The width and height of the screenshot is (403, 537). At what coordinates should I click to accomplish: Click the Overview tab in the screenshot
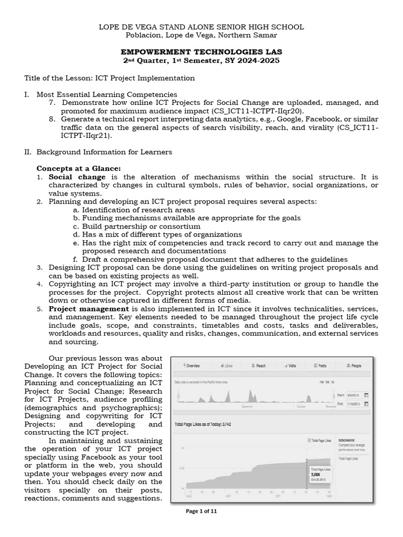tap(192, 366)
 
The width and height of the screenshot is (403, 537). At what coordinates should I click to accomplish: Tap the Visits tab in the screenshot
tap(291, 366)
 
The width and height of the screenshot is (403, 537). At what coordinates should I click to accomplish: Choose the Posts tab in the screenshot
tap(321, 366)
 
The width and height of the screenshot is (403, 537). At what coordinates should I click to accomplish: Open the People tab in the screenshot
tap(354, 366)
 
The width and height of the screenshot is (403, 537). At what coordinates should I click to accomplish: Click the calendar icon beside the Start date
tap(366, 394)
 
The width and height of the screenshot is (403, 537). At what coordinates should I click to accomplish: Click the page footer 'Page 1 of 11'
tap(201, 513)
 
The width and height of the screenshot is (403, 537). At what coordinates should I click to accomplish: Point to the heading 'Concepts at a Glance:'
tap(78, 168)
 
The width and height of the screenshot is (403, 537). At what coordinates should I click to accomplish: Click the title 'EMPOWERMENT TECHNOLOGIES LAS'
tap(201, 52)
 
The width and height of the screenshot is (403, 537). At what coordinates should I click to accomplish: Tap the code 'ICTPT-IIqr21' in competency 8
tap(86, 136)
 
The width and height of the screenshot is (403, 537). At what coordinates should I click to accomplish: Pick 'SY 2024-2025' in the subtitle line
tap(249, 61)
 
